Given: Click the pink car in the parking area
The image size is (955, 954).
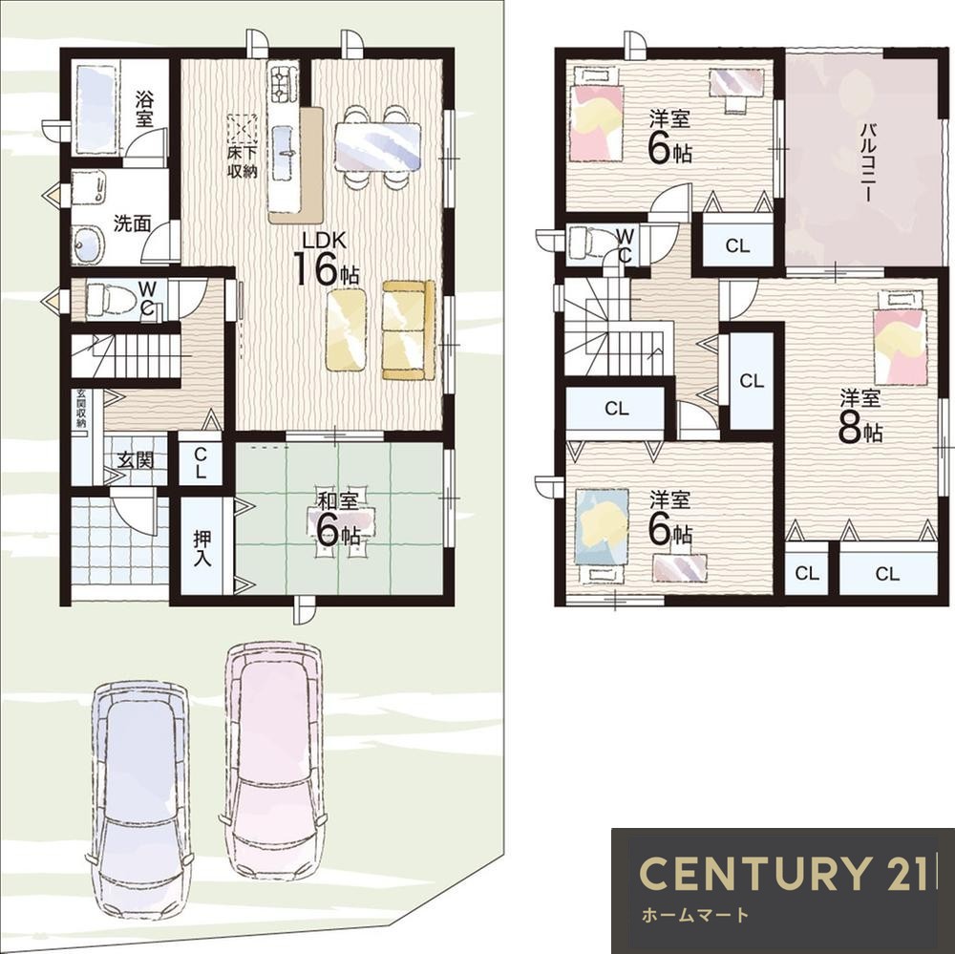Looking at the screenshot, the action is click(x=272, y=758).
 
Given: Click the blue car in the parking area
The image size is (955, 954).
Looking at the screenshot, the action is click(x=140, y=796).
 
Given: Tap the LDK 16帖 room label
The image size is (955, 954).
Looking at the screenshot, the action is click(x=326, y=259).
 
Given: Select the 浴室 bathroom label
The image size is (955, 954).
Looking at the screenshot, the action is click(x=144, y=109).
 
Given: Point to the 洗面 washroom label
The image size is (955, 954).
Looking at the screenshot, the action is click(x=132, y=223).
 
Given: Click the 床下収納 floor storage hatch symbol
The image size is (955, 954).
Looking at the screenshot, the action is click(x=243, y=129).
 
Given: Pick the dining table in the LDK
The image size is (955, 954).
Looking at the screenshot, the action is click(x=377, y=147).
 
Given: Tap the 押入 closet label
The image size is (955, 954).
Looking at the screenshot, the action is click(x=202, y=547).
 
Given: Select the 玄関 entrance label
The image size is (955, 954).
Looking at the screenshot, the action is click(x=136, y=460).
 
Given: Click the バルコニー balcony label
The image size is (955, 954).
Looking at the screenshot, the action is click(x=868, y=162).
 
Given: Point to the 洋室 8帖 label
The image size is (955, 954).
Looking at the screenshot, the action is click(x=860, y=417).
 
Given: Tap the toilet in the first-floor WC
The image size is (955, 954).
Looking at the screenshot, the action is click(x=109, y=300).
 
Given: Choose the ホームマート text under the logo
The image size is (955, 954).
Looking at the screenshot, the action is click(x=694, y=915).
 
